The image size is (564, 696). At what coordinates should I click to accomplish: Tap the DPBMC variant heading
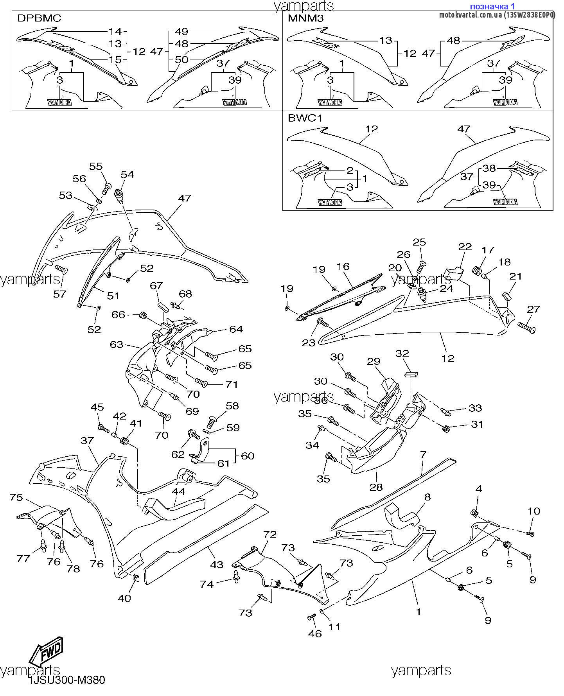pos(39,18)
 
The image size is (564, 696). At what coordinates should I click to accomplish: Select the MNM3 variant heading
pos(305,18)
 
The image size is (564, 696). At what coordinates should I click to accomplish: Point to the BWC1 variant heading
pos(305,118)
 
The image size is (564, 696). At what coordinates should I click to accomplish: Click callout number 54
pos(127,174)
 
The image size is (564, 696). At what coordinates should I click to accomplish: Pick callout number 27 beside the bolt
pos(533,309)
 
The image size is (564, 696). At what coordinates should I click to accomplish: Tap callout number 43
pos(217,564)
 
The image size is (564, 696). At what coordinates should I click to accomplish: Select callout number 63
pos(117,344)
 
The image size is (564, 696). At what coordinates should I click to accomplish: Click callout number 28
pos(376,487)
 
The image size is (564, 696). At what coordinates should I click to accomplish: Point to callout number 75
pos(16,498)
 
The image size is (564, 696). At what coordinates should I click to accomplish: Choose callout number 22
pos(465,247)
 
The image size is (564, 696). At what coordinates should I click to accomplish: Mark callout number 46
pos(315,633)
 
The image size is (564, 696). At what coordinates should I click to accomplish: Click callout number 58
pos(232,405)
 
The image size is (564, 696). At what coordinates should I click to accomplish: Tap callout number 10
pos(534,511)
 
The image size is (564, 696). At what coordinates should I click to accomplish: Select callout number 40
pos(124,598)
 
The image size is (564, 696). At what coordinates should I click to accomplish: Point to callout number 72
pos(270,534)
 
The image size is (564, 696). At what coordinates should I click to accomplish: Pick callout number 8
pos(427,497)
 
